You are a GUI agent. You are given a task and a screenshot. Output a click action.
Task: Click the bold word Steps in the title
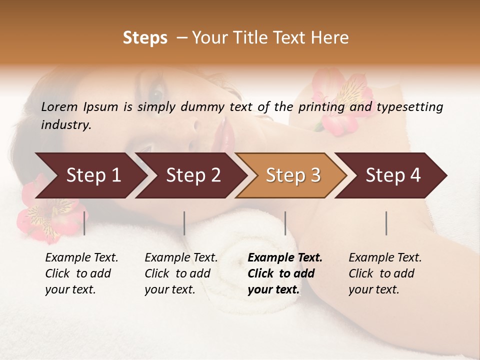[145, 38]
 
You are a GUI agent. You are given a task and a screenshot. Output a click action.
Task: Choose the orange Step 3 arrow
[293, 175]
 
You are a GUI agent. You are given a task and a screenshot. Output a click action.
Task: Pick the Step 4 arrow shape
[393, 175]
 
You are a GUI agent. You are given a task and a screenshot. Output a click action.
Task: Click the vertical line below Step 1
[84, 223]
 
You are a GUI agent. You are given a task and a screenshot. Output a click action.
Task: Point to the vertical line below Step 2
[184, 223]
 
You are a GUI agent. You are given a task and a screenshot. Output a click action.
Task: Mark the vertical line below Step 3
[285, 223]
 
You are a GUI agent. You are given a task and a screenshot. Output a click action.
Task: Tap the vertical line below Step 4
[386, 223]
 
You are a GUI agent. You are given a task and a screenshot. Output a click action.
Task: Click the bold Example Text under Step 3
[285, 258]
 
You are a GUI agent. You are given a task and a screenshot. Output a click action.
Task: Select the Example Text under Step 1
[81, 258]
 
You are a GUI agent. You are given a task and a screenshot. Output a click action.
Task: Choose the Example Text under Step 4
[385, 258]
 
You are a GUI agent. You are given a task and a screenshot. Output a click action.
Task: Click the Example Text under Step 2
[181, 258]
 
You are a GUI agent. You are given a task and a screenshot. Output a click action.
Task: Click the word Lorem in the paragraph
[59, 107]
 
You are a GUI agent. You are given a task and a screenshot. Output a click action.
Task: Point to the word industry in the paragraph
[65, 125]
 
